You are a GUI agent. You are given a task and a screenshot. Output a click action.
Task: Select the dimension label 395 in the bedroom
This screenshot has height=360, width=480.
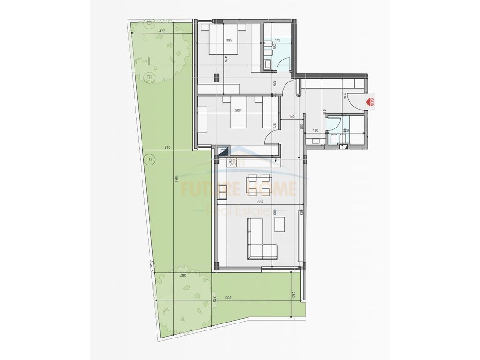(x=229, y=40)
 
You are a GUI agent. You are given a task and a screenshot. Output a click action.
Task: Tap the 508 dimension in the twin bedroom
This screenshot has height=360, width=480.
(x=238, y=111)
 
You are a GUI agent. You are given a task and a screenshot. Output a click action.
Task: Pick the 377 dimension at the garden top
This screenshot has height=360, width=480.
(x=162, y=31)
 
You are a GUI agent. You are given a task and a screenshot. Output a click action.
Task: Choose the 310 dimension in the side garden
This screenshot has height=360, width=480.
(x=167, y=148)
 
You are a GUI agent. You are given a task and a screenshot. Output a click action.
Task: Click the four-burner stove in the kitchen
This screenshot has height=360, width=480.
(x=231, y=163)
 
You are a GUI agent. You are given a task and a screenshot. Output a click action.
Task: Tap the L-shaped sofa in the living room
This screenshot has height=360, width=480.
(x=260, y=239)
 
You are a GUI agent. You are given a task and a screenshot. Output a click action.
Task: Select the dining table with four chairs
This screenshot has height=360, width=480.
(x=259, y=184)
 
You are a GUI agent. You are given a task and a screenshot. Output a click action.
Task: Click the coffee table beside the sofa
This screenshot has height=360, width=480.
(x=280, y=225)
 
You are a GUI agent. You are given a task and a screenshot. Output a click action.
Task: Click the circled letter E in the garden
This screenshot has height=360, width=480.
(x=148, y=76)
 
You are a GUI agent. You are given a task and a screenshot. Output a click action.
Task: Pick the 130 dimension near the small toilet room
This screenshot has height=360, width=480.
(x=315, y=130)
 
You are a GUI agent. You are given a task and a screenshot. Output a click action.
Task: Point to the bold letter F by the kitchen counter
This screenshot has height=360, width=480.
(x=276, y=160)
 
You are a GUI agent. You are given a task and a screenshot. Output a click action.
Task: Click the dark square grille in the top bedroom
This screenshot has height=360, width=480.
(x=217, y=78)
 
